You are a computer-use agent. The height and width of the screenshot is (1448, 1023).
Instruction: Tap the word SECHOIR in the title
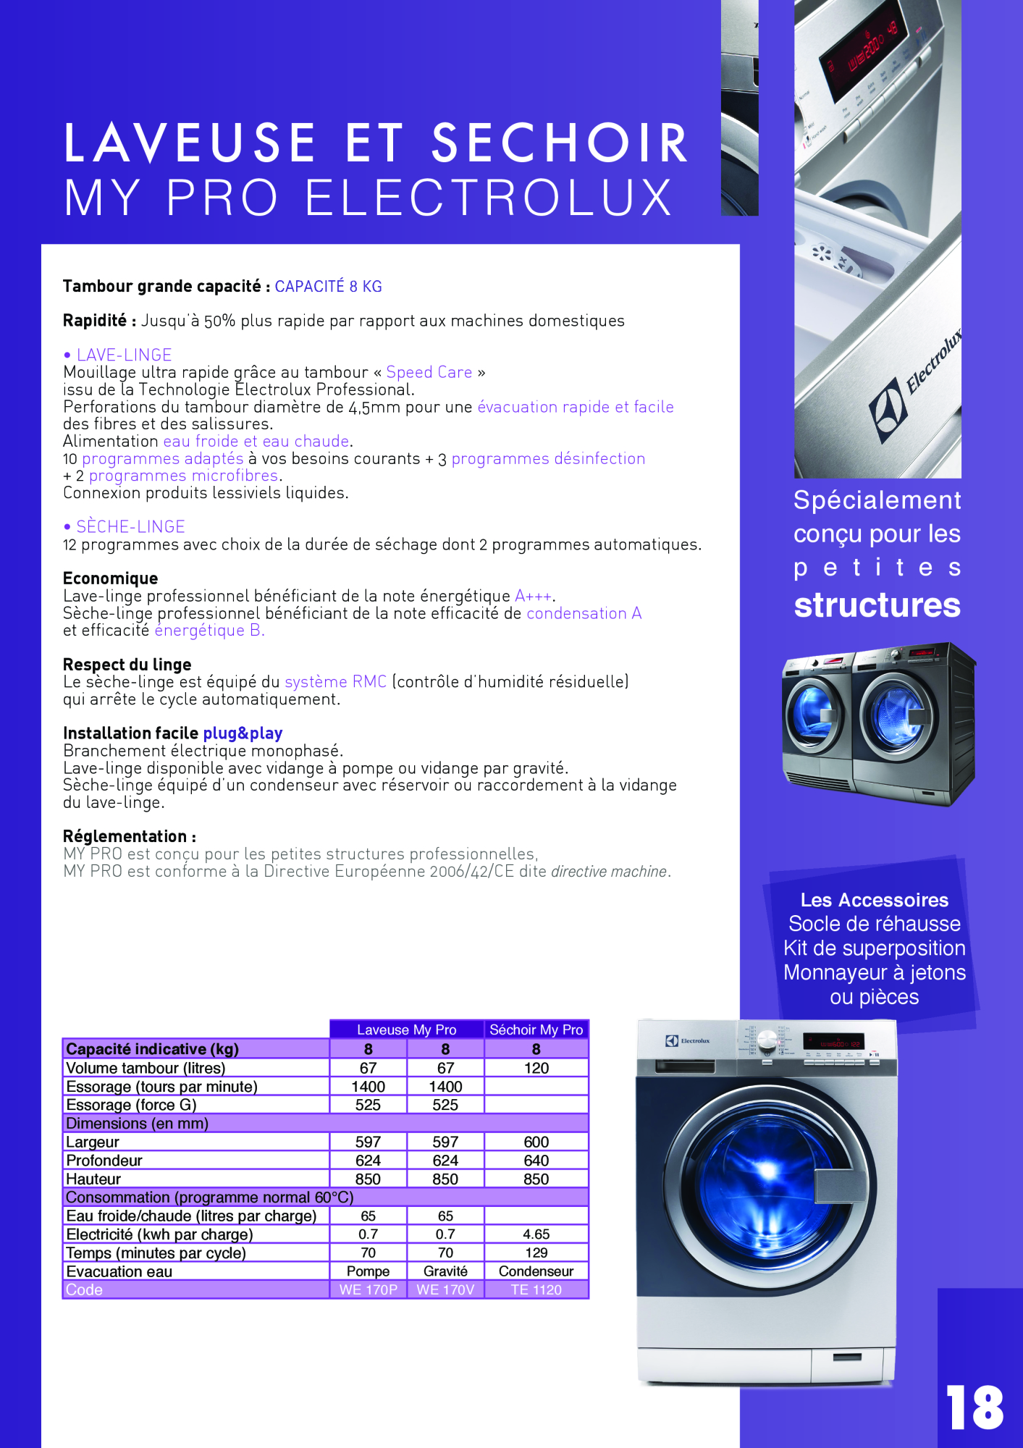(x=560, y=143)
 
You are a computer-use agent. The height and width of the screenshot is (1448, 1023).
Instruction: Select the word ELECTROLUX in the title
(x=489, y=198)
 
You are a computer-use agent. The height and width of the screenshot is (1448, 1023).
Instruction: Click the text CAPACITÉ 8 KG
(x=328, y=287)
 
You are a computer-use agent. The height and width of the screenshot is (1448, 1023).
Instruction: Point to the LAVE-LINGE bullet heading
(x=124, y=355)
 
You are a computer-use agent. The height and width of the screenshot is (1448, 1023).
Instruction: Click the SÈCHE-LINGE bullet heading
(x=130, y=526)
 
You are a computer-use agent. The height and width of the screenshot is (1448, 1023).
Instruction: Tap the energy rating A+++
(x=533, y=596)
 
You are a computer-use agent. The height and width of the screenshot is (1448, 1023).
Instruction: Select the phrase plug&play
(x=243, y=733)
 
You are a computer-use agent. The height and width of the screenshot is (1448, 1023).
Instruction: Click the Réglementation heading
(x=129, y=836)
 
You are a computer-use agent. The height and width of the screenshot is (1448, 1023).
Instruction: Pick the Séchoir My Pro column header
(x=536, y=1030)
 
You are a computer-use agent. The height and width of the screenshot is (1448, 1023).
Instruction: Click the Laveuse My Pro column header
(x=406, y=1030)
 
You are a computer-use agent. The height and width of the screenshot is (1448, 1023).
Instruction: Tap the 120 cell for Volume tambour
(x=536, y=1068)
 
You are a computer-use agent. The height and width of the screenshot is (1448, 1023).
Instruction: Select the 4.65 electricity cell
(x=536, y=1234)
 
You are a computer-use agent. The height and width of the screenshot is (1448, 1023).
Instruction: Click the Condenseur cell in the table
(x=536, y=1271)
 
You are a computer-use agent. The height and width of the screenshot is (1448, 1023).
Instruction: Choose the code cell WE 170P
(x=368, y=1289)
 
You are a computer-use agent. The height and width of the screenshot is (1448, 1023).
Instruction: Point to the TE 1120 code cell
(x=536, y=1289)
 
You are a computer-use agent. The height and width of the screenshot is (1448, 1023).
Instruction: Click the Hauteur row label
(x=93, y=1179)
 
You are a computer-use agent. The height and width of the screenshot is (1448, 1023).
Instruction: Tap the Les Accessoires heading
(x=874, y=900)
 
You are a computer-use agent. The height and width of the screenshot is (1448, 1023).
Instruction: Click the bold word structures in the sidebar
(x=877, y=605)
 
